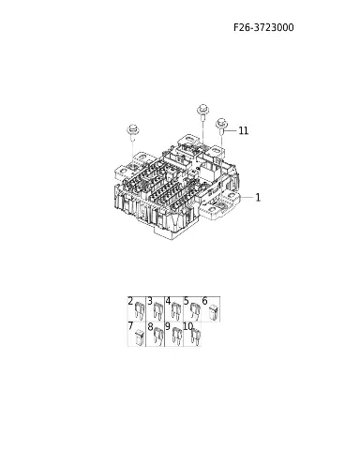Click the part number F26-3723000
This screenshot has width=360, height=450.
point(263,27)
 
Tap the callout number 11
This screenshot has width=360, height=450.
point(244,130)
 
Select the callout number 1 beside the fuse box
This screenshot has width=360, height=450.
point(258,198)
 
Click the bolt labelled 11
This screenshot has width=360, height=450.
point(221,126)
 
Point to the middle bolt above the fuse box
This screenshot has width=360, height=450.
point(203,112)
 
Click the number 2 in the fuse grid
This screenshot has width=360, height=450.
point(130,301)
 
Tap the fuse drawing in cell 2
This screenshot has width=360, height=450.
point(140,311)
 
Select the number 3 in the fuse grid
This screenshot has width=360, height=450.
point(150,301)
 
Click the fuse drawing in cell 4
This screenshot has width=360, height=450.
point(176,311)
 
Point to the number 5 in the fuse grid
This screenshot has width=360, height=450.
point(187,301)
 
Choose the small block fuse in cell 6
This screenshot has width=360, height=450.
point(213,311)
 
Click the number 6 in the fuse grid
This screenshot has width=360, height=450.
point(204,301)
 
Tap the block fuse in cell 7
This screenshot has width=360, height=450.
point(140,337)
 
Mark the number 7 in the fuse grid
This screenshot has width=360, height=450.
point(130,326)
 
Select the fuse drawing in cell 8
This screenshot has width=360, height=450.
point(158,337)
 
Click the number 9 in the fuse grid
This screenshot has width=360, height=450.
point(168,326)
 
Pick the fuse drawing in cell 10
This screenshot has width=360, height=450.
point(196,337)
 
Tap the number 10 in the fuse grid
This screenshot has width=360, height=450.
point(188,326)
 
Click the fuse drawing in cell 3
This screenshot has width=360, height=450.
point(158,311)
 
